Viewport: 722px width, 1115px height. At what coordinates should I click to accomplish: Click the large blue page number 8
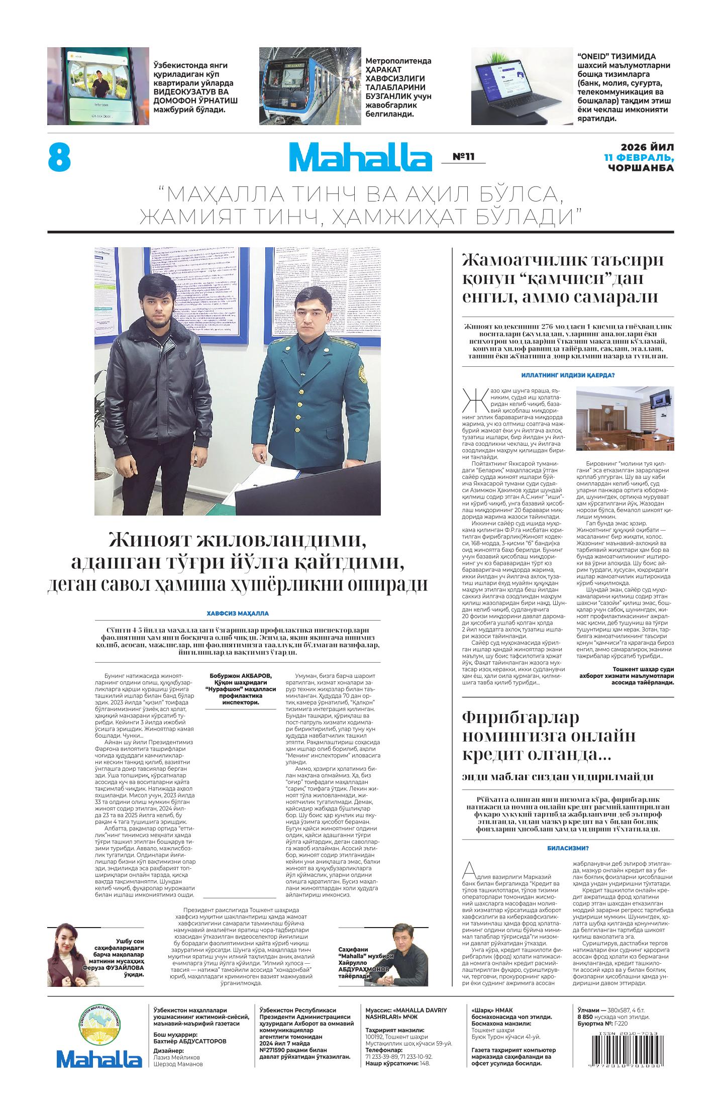(x=59, y=158)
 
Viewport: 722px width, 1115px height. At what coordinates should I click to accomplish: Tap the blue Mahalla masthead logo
(x=360, y=157)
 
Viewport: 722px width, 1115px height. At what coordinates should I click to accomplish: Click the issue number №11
(x=463, y=157)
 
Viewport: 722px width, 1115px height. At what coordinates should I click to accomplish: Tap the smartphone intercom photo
(x=98, y=86)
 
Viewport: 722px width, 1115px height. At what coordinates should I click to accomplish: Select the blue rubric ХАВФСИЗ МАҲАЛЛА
(x=238, y=614)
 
